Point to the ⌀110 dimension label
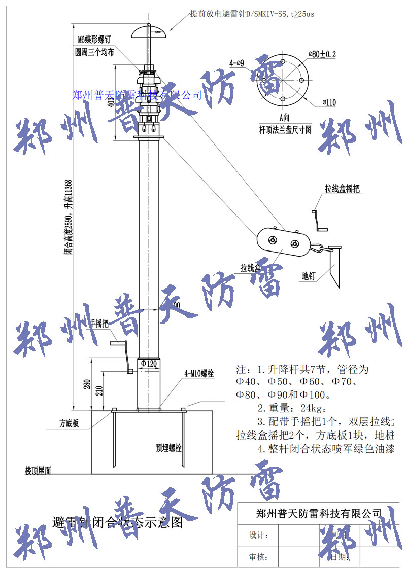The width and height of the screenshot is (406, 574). pyautogui.click(x=328, y=102)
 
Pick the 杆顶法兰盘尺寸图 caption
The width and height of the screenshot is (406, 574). pyautogui.click(x=285, y=129)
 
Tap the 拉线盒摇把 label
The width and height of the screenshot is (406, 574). pyautogui.click(x=343, y=189)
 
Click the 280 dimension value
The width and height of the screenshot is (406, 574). pyautogui.click(x=87, y=384)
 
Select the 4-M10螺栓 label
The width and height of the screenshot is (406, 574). pyautogui.click(x=198, y=374)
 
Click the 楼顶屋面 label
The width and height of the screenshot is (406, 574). pyautogui.click(x=38, y=471)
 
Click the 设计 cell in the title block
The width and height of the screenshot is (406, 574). pyautogui.click(x=258, y=535)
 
